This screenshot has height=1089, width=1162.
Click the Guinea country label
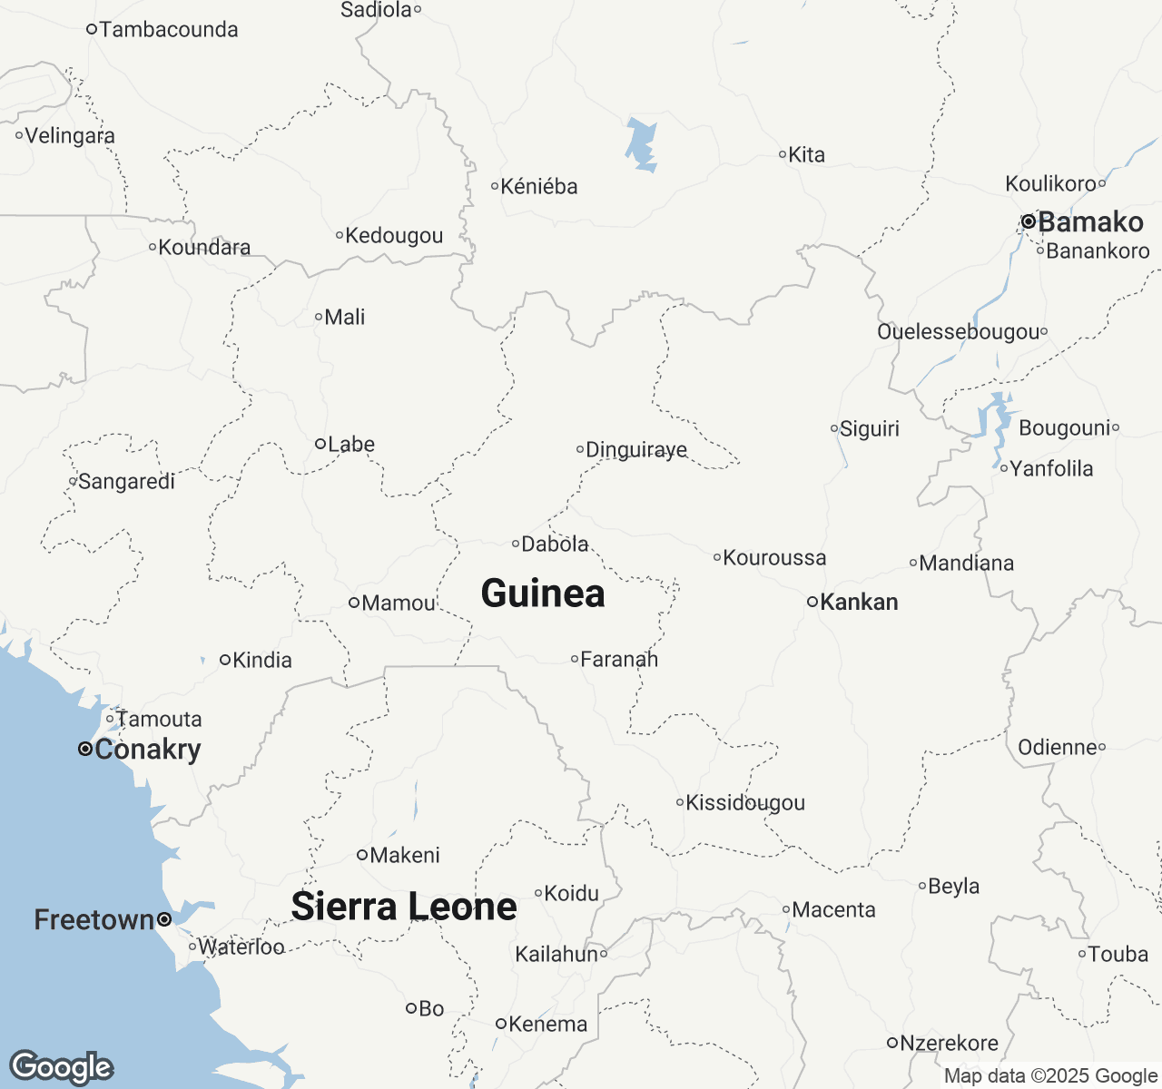[543, 594]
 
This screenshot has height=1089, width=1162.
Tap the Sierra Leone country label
[404, 907]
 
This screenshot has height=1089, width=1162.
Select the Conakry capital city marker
[84, 750]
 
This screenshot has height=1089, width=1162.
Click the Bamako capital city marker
[1029, 221]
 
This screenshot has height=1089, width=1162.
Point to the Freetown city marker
[164, 919]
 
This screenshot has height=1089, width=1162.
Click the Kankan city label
[859, 602]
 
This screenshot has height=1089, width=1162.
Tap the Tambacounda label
[169, 29]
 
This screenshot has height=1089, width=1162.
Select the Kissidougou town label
[745, 802]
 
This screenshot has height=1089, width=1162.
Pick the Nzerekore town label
[949, 1043]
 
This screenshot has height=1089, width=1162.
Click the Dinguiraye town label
[636, 449]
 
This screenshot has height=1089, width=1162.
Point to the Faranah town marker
[575, 659]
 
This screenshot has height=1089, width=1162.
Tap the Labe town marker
[320, 444]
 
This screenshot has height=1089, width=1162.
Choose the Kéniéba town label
[539, 186]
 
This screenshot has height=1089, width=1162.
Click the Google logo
[61, 1067]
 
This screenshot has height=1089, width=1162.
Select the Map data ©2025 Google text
[1050, 1076]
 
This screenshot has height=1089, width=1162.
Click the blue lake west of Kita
[642, 145]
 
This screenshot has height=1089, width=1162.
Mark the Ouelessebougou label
[958, 331]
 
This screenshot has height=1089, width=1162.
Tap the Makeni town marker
[361, 855]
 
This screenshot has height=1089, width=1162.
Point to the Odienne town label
[1058, 747]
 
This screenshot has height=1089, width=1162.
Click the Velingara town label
[70, 136]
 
